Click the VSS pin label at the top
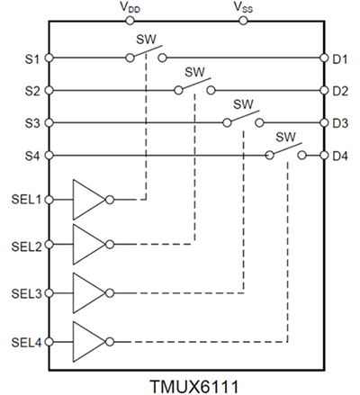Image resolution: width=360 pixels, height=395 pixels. [243, 7]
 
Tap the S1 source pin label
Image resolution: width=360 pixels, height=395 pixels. [30, 58]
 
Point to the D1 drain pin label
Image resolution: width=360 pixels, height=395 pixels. [338, 58]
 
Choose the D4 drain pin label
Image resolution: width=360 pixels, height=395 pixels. [338, 155]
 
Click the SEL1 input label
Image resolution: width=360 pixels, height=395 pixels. [24, 200]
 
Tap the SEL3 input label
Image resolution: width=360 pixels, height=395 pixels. [24, 293]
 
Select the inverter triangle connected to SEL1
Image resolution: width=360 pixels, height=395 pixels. [88, 199]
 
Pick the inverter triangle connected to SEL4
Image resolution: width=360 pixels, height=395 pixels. [88, 341]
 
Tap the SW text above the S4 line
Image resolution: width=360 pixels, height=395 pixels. [286, 137]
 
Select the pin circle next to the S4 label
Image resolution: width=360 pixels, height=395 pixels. [49, 155]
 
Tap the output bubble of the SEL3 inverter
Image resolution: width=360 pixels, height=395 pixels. [110, 293]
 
